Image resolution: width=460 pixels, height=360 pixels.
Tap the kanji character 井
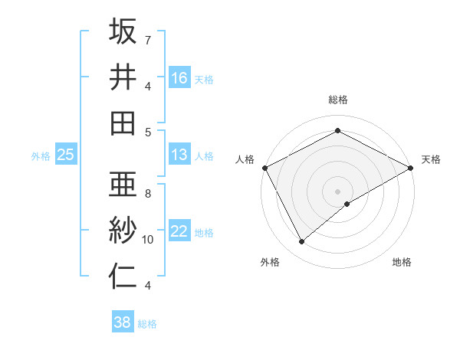pos(123,77)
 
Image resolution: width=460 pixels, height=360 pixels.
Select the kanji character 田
pos(123,123)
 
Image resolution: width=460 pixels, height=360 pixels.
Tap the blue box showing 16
pos(179,77)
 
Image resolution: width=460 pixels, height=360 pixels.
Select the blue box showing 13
pos(179,155)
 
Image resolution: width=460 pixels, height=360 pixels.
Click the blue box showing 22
pos(179,231)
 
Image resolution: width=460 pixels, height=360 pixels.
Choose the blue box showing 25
pos(65,155)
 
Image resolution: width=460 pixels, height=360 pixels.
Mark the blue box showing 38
pos(122,322)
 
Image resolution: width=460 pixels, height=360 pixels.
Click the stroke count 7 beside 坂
pos(148,39)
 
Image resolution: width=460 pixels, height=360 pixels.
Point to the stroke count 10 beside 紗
pos(148,240)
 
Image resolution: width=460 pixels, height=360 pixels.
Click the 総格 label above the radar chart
pos(337,100)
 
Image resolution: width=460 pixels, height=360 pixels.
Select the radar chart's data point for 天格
pos(411,168)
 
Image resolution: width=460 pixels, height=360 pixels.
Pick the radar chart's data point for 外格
pos(302,242)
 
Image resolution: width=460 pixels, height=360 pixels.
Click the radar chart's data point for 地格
pos(347,204)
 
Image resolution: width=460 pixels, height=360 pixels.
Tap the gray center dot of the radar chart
pos(337,190)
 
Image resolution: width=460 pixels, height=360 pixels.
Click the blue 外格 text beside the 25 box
pos(41,155)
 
